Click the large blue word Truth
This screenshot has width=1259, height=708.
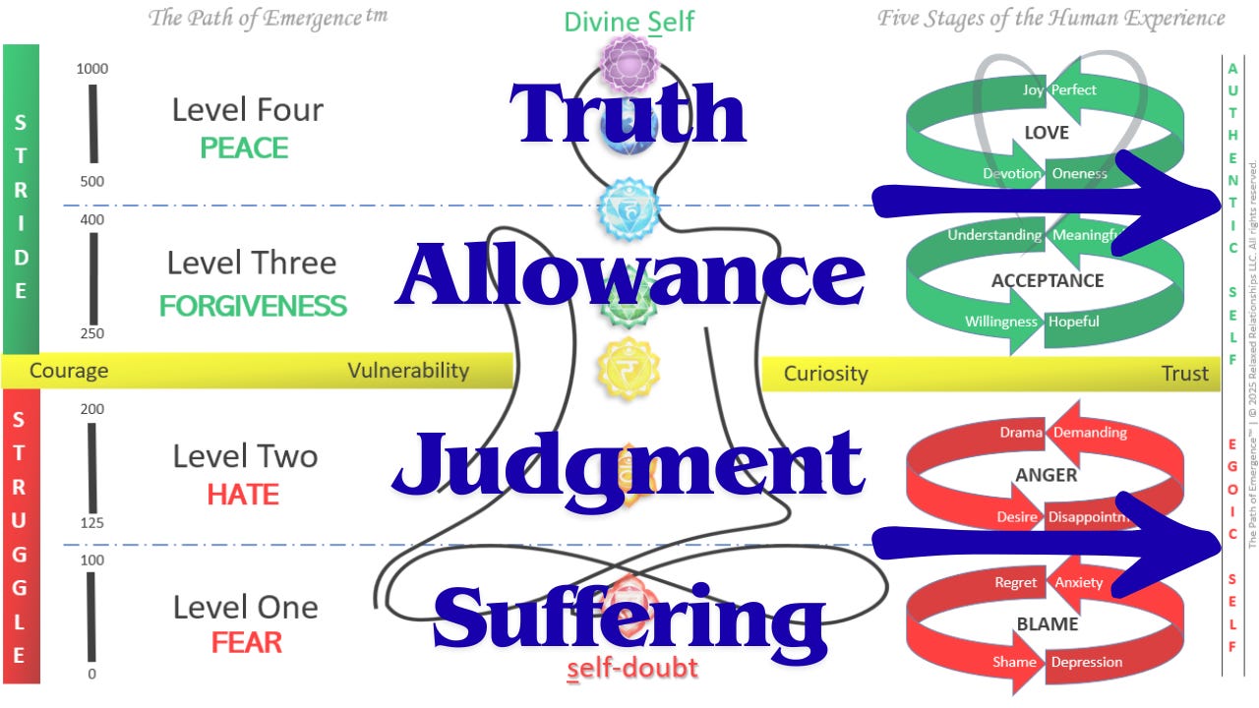(627, 114)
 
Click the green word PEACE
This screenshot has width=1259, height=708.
(244, 148)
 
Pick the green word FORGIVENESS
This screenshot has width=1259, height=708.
(253, 306)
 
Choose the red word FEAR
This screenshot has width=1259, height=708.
(246, 643)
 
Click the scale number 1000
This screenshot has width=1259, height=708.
(92, 69)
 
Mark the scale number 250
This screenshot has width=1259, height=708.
(92, 334)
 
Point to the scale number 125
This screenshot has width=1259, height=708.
(92, 523)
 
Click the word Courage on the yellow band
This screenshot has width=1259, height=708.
(69, 371)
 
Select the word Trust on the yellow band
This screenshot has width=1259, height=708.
(1184, 373)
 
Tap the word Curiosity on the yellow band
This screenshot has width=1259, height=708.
(825, 373)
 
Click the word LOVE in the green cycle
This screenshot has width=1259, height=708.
(1046, 132)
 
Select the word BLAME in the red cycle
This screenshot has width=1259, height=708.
(1046, 623)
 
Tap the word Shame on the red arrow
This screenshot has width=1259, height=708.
(1014, 662)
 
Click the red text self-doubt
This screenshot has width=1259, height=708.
(632, 669)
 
